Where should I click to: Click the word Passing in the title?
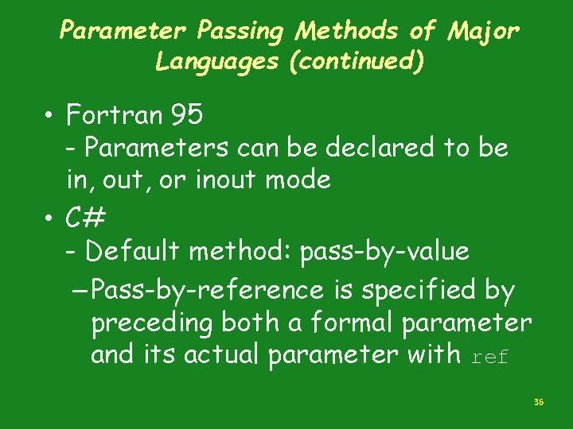click(x=241, y=32)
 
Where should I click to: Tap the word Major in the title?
click(x=484, y=32)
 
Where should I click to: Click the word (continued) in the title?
click(x=356, y=61)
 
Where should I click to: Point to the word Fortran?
click(x=114, y=116)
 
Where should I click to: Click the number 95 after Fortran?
click(x=186, y=116)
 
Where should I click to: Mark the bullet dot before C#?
click(x=50, y=218)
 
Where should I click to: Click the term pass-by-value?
click(x=384, y=252)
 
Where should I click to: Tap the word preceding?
click(x=152, y=323)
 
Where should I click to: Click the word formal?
click(x=346, y=323)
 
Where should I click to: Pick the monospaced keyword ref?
click(x=489, y=357)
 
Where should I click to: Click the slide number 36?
click(x=539, y=404)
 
